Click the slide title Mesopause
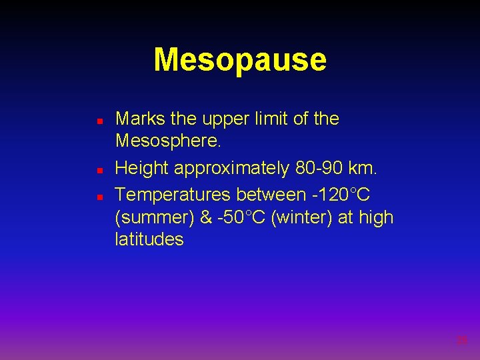tap(240, 59)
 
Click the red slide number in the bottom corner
tap(461, 341)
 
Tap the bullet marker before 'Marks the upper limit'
tap(99, 123)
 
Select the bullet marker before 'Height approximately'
tap(99, 171)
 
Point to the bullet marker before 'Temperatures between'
tap(99, 197)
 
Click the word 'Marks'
tap(141, 119)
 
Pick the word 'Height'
tap(142, 169)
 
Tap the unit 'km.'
tap(363, 169)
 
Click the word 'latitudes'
tap(149, 239)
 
